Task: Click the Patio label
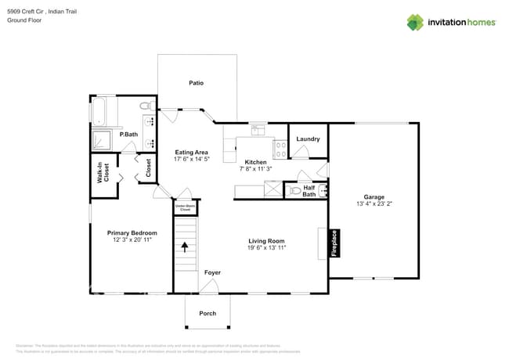tap(196, 82)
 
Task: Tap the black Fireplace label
tap(334, 243)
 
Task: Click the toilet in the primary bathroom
tap(145, 106)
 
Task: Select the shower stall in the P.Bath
tap(102, 140)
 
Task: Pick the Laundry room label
tap(308, 139)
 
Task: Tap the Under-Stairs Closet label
tap(185, 208)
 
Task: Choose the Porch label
tap(208, 313)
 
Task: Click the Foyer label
tap(212, 272)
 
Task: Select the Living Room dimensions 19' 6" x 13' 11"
tap(266, 247)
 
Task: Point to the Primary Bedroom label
tap(132, 232)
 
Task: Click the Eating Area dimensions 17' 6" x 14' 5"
tap(191, 159)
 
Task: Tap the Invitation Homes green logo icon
tap(415, 22)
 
